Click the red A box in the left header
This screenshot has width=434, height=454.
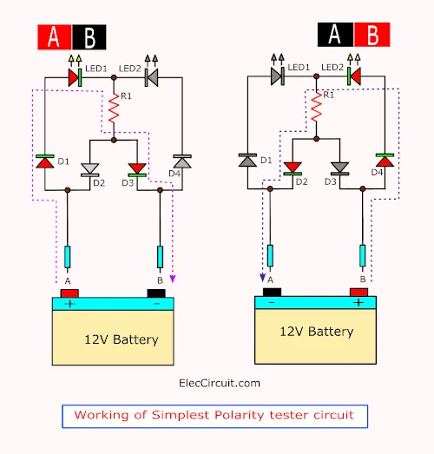coord(55,37)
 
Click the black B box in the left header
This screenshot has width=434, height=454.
coord(89,37)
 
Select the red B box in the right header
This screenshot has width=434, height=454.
coord(372,35)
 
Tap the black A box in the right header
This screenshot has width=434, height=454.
coord(336,35)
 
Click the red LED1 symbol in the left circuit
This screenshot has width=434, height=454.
coord(75,77)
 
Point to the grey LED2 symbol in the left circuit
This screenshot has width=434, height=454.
coord(151,77)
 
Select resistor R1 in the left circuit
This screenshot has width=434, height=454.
coord(114,108)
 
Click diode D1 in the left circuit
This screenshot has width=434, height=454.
coord(45,161)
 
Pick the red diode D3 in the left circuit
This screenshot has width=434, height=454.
coord(137,169)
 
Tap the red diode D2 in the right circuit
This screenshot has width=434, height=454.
coord(293,168)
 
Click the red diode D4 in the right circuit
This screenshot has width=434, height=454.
coord(385,160)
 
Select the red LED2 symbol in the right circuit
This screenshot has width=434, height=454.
coord(354,76)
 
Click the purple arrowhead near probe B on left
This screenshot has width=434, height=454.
coord(173,279)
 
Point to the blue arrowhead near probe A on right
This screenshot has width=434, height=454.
coord(263,278)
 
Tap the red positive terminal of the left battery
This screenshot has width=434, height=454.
coord(69,293)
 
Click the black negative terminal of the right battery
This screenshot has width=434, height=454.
coord(272,293)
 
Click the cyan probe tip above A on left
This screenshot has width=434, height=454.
coord(68,257)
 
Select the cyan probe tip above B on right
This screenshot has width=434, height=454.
coord(363,256)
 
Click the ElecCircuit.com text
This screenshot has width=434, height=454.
coord(220,384)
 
